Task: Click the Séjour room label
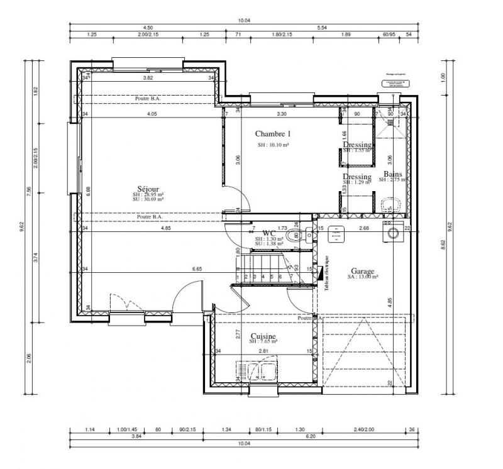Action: [x=149, y=189]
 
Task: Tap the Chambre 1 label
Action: [x=273, y=134]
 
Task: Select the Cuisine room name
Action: [x=265, y=336]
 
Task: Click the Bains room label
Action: [x=393, y=174]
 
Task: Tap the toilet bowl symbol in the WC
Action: [x=294, y=236]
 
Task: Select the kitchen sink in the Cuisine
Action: [x=258, y=372]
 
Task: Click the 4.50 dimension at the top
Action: [x=148, y=28]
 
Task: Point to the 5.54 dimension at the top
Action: [x=323, y=28]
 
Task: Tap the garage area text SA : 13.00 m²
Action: [x=363, y=276]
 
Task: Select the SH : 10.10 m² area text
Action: [x=273, y=145]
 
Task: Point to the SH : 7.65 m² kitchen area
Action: [x=265, y=343]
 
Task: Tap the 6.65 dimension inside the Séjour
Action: [x=197, y=268]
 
